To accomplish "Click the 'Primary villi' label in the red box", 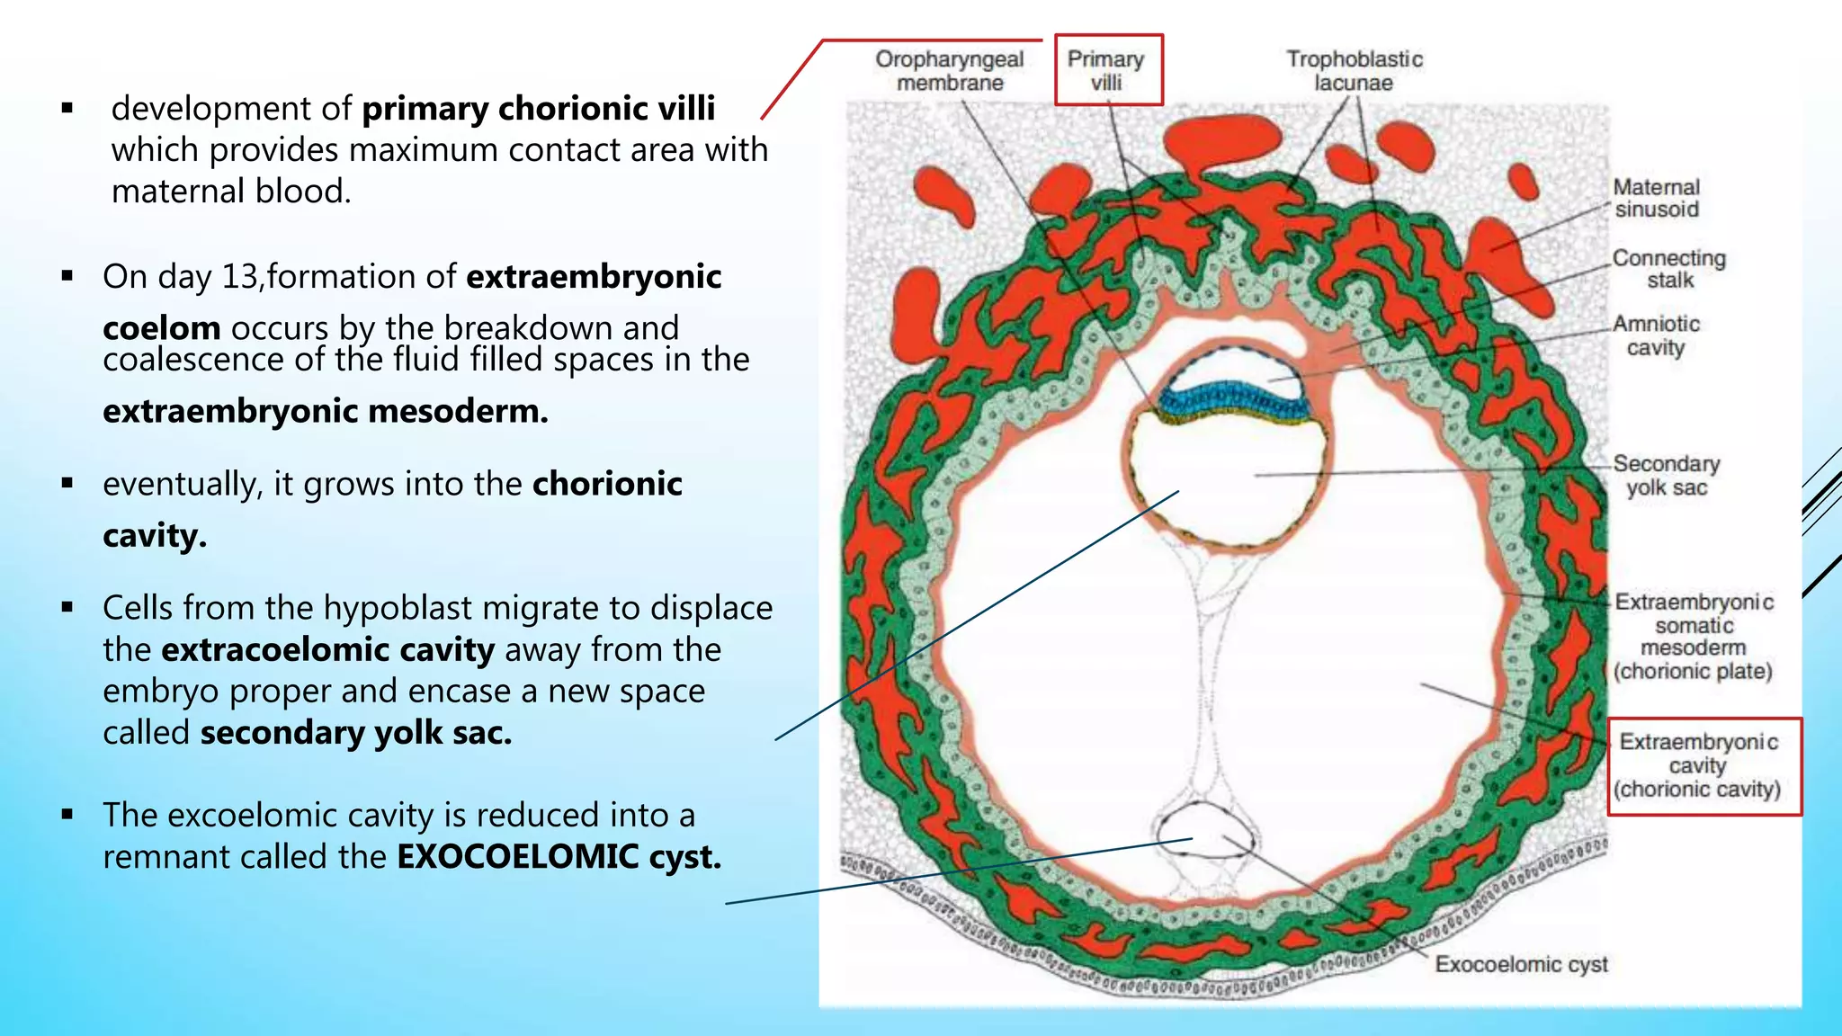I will pos(1106,70).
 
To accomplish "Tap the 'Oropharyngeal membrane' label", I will pos(950,70).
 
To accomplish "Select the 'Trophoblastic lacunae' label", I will pos(1354,70).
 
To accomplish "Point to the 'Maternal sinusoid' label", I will pos(1656,198).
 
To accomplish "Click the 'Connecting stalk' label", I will pos(1669,269).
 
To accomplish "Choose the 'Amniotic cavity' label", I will pos(1656,335).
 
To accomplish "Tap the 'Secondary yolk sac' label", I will pos(1667,475).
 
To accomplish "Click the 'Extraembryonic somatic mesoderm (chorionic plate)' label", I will pos(1694,636).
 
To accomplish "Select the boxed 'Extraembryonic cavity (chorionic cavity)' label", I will pos(1698,765).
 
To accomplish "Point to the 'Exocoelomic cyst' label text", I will pos(1521,964).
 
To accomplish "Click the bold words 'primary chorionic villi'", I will pos(538,109).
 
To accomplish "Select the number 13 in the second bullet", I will pos(239,277).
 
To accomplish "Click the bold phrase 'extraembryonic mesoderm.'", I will pos(325,412).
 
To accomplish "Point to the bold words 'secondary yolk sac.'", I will pos(356,733).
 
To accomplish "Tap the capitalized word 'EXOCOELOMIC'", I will pos(517,857).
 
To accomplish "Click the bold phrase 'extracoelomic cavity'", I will pos(328,650).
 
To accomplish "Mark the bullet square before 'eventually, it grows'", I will pos(67,483).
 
